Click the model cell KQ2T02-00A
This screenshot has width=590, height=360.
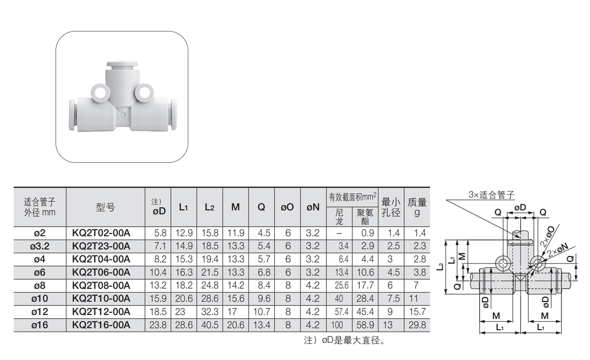tap(101, 233)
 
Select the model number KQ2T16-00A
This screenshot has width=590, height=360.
tap(101, 325)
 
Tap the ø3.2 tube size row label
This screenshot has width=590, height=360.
tap(40, 246)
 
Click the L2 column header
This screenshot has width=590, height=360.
tap(209, 207)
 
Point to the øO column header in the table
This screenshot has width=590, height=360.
tap(287, 207)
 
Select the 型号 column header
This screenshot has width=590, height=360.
tap(105, 208)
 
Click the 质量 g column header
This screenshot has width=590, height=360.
tap(417, 207)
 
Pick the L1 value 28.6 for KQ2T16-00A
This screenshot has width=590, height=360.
tap(184, 325)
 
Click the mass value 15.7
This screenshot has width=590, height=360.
tap(417, 312)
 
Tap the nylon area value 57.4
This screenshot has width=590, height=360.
tap(342, 312)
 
